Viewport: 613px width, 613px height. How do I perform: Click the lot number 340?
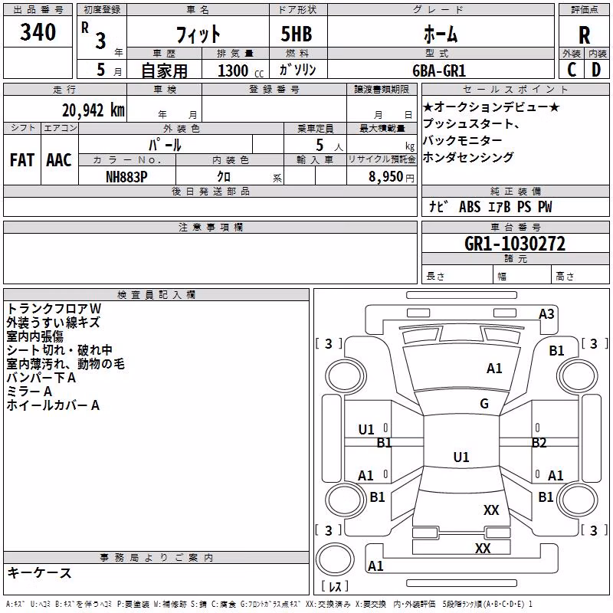click(x=38, y=31)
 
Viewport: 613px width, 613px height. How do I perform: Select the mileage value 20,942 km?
click(x=93, y=110)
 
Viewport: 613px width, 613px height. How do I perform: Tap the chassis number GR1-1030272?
click(x=515, y=244)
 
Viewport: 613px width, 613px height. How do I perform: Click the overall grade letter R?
click(x=584, y=35)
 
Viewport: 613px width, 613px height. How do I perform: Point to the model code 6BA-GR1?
click(x=439, y=70)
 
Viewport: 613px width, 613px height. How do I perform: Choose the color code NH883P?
click(x=126, y=177)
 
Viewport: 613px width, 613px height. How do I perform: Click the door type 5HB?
click(x=297, y=34)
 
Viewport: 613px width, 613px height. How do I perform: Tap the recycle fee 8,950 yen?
click(x=392, y=177)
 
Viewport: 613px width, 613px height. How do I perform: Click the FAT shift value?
click(x=22, y=160)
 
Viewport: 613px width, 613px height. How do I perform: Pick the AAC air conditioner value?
click(x=59, y=160)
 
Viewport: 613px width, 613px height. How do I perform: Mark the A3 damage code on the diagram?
click(x=546, y=314)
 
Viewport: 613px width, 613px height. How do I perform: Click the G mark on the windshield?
click(x=484, y=404)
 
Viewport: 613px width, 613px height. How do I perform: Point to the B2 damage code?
click(x=539, y=443)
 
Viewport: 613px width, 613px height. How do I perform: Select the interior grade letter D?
click(x=596, y=70)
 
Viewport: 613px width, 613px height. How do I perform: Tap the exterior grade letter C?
click(x=572, y=70)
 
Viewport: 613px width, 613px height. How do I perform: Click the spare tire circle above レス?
click(x=335, y=559)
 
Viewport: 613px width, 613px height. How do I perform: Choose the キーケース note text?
click(x=40, y=573)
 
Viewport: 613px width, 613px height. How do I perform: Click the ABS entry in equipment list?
click(x=470, y=207)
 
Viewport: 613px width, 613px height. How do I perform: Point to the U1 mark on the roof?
click(x=461, y=457)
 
